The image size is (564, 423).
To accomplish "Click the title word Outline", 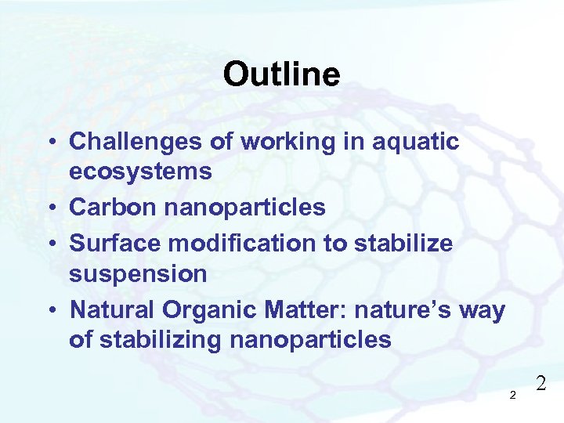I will (x=281, y=75).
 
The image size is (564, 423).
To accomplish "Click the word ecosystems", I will (x=141, y=172).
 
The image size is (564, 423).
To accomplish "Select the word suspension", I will (x=139, y=274).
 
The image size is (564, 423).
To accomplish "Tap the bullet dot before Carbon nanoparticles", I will (x=49, y=208).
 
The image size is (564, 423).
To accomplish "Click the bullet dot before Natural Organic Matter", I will (x=49, y=310).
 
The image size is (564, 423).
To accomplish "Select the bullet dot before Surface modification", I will (x=49, y=244).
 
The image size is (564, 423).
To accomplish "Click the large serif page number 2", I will (x=540, y=383).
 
